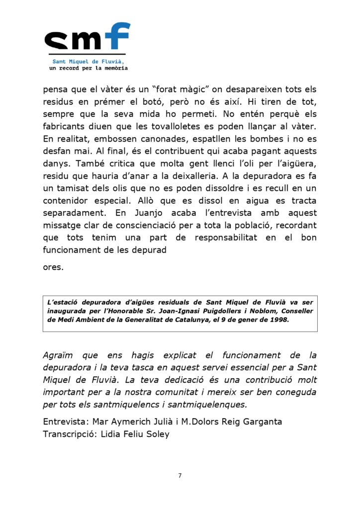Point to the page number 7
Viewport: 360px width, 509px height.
180,476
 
